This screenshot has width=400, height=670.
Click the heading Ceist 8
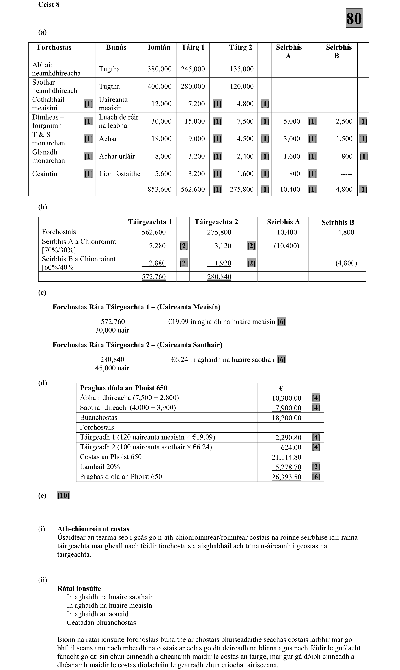click(49, 4)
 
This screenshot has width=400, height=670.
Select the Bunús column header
click(116, 48)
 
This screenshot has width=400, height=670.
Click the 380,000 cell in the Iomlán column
click(159, 69)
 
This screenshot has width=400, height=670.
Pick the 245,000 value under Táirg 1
click(193, 69)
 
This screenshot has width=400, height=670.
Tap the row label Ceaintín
click(45, 174)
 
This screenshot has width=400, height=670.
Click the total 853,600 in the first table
click(159, 190)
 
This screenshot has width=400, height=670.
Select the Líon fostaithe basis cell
click(119, 174)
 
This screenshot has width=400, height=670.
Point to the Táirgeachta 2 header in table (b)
click(216, 222)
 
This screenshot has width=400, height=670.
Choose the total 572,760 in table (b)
click(154, 277)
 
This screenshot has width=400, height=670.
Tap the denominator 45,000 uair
click(112, 368)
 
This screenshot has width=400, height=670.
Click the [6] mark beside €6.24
click(281, 359)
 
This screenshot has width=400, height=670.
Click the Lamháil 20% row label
click(100, 467)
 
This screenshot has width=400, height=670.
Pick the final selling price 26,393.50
click(286, 477)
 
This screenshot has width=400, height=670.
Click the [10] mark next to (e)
click(63, 495)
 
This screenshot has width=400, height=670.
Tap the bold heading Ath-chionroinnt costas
click(93, 529)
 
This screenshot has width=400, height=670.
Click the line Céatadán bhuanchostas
click(101, 622)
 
